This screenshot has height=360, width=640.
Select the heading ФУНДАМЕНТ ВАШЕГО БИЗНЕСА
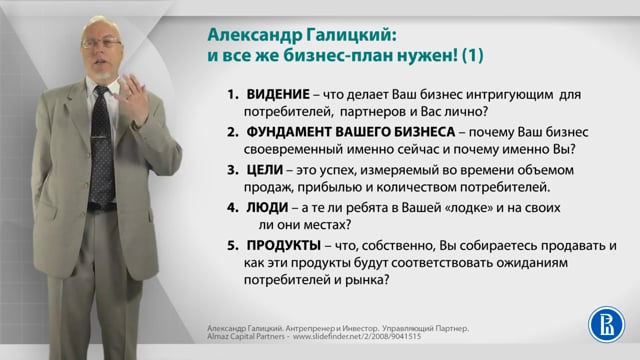pos(341,133)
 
